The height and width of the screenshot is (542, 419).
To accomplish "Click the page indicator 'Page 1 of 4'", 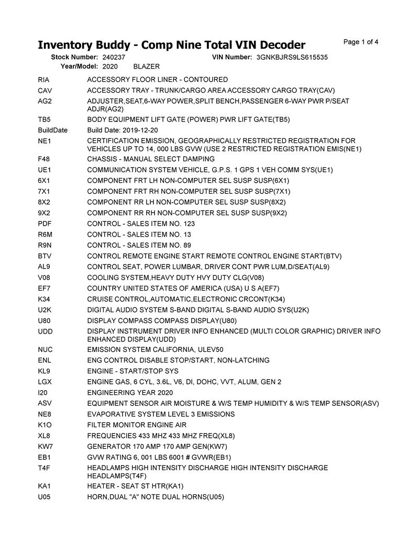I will [x=361, y=42].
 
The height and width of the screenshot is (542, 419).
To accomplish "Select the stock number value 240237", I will [x=114, y=57].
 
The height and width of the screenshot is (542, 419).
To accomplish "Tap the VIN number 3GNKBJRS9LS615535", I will [x=292, y=57].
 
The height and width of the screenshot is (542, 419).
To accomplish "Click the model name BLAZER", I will [x=147, y=67].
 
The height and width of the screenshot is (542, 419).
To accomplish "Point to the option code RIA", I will [x=44, y=80].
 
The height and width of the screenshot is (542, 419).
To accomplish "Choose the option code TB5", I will [x=45, y=119].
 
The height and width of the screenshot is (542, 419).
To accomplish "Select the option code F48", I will [x=44, y=159].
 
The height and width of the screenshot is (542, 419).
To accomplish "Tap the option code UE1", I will [x=45, y=170].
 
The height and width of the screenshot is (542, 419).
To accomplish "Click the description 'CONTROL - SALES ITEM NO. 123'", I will [x=141, y=224].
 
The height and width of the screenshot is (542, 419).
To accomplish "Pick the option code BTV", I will [x=45, y=256].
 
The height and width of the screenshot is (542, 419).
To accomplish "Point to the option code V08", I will [x=45, y=278].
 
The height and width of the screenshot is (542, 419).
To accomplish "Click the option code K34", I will [x=45, y=299].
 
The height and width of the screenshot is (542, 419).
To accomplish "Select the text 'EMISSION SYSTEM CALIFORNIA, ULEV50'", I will [x=155, y=349].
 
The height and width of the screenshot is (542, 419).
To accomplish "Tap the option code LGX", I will [x=45, y=382].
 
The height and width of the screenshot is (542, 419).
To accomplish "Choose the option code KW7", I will [x=45, y=446].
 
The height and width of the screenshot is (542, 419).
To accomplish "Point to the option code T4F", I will [x=45, y=468].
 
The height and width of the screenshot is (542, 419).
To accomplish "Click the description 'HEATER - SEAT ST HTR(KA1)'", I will [x=135, y=486].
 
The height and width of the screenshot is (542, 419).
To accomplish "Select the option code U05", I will [x=45, y=497].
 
